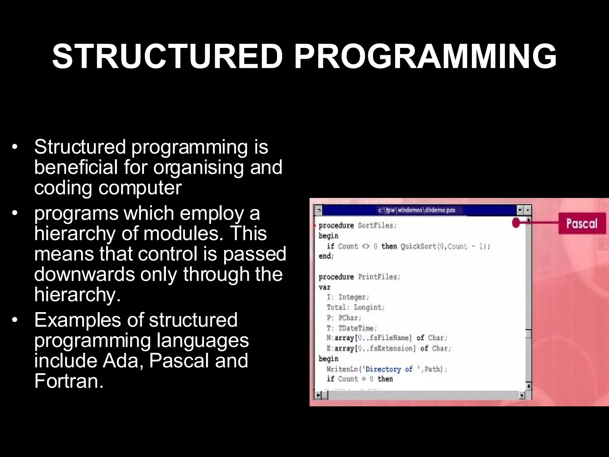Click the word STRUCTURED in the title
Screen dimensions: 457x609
[167, 57]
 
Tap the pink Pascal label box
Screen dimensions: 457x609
[582, 223]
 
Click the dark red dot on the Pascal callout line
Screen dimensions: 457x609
[516, 223]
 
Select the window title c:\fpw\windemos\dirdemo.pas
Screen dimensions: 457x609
[417, 210]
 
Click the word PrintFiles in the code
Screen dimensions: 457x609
[379, 277]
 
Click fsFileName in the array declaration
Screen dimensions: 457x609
[389, 338]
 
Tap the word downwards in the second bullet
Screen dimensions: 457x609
[84, 274]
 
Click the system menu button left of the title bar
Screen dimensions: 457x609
[318, 210]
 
